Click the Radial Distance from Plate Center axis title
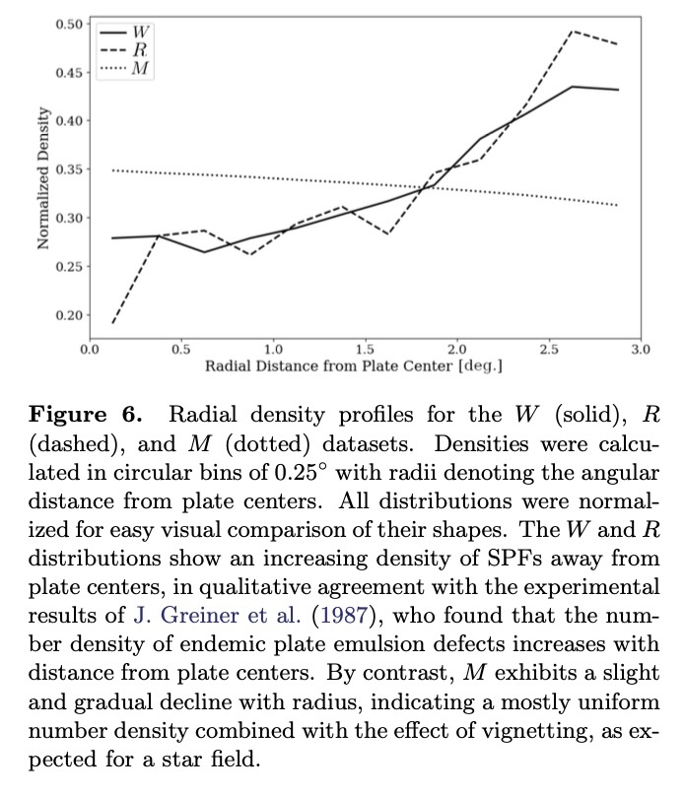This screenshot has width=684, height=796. [x=354, y=365]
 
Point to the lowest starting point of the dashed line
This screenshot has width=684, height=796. [x=112, y=322]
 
